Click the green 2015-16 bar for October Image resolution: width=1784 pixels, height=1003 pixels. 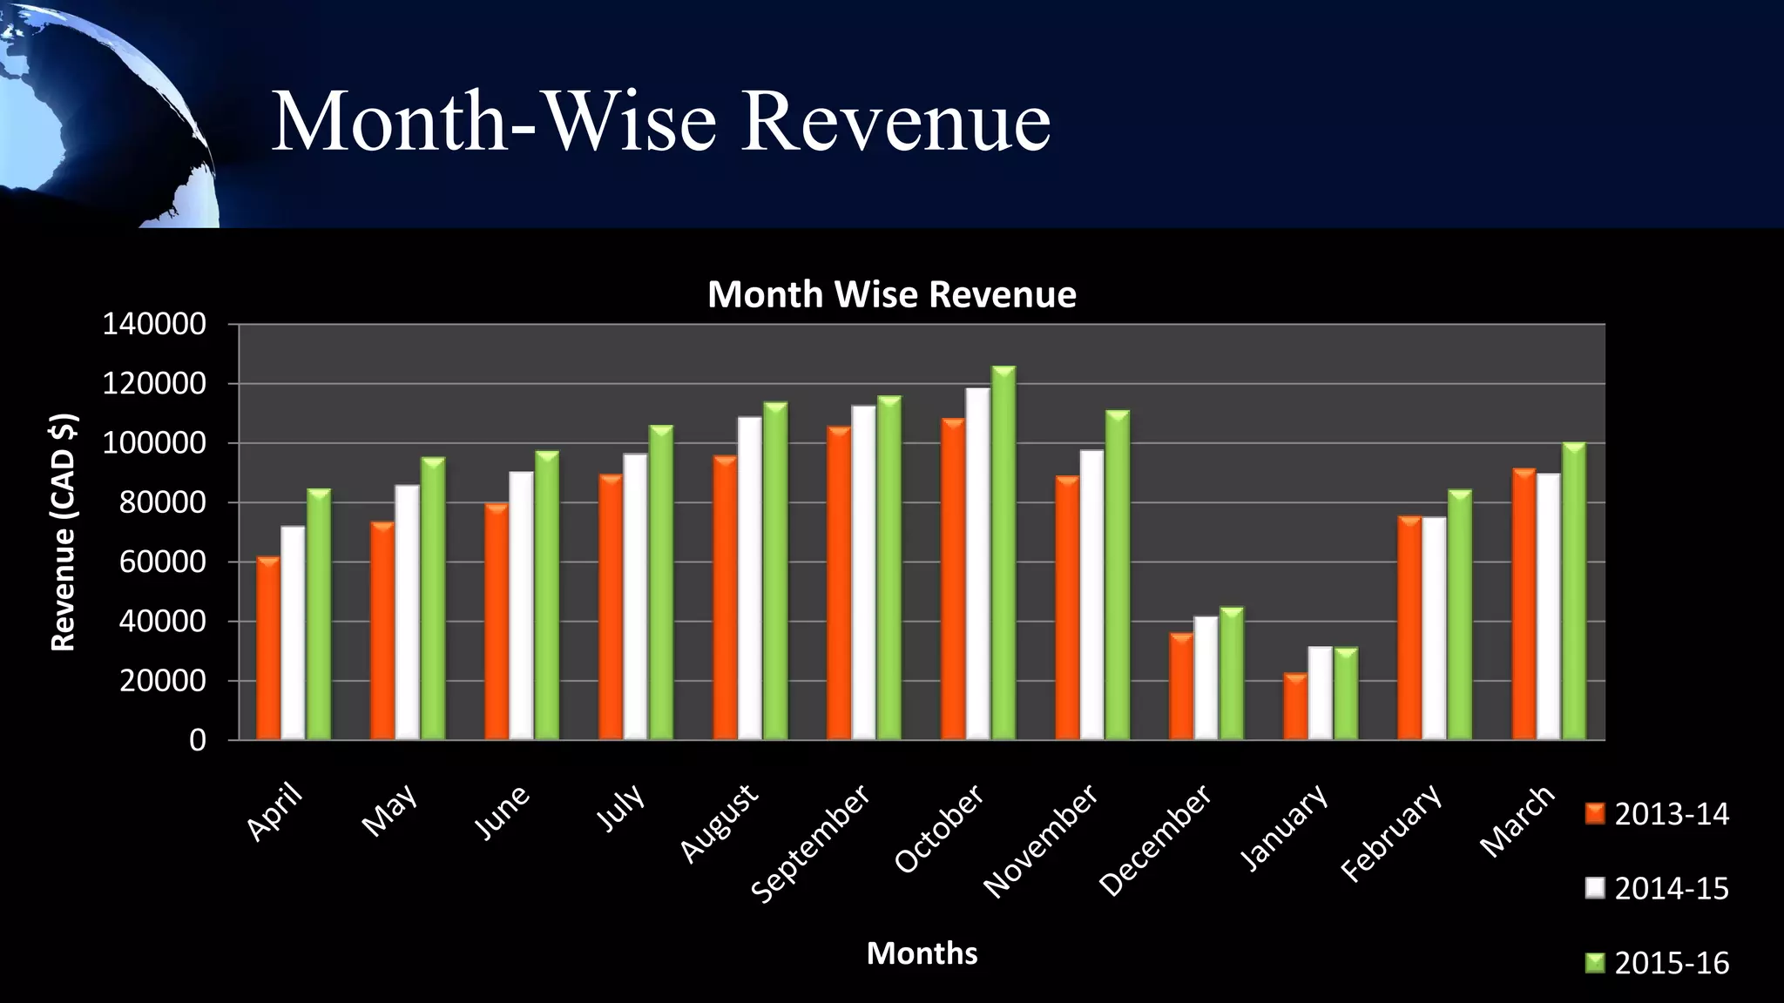coord(1003,557)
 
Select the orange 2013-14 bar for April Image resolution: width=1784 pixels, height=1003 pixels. coord(268,650)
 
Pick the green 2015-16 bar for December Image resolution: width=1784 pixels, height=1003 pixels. coord(1232,674)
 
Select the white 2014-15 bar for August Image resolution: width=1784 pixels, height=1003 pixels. coord(750,579)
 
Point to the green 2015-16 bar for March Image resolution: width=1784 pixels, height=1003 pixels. coord(1574,592)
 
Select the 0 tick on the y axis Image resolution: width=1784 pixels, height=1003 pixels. coord(198,741)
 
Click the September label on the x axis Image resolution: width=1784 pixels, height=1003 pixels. coord(811,843)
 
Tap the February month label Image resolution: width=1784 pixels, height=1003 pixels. coord(1391,832)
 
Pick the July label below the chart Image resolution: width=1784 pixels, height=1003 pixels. coord(622,806)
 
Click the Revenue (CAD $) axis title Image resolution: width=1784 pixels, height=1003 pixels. coord(64,532)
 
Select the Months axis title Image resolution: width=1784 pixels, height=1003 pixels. coord(922,953)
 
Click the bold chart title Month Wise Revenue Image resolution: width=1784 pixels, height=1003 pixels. coord(891,294)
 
